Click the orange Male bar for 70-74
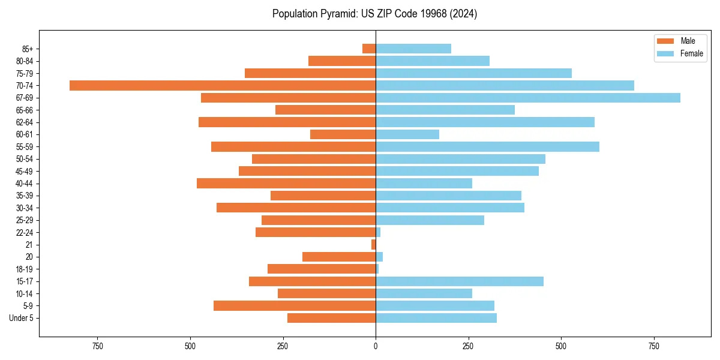pyautogui.click(x=223, y=85)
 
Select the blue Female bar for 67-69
pyautogui.click(x=528, y=98)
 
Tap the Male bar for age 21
pyautogui.click(x=373, y=245)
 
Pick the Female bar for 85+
pyautogui.click(x=413, y=49)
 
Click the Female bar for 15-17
pyautogui.click(x=460, y=281)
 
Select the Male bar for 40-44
pyautogui.click(x=286, y=183)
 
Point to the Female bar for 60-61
pyautogui.click(x=407, y=134)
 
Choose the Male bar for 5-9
pyautogui.click(x=295, y=306)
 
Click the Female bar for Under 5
pyautogui.click(x=436, y=318)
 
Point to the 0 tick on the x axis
pyautogui.click(x=376, y=346)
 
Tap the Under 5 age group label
pyautogui.click(x=21, y=318)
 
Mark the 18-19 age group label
pyautogui.click(x=24, y=269)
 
